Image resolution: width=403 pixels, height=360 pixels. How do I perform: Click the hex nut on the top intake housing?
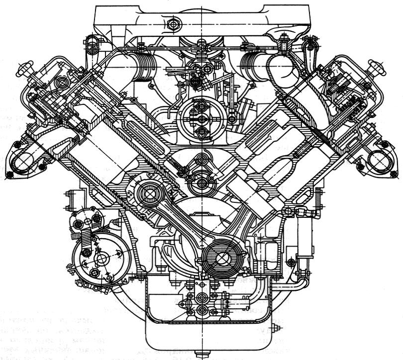coord(173,23)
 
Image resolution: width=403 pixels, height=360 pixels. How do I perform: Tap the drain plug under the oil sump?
coord(200,355)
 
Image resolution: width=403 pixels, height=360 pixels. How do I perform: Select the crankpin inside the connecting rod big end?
coord(218,257)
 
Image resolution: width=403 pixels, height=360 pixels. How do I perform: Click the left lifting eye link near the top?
coord(92,46)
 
